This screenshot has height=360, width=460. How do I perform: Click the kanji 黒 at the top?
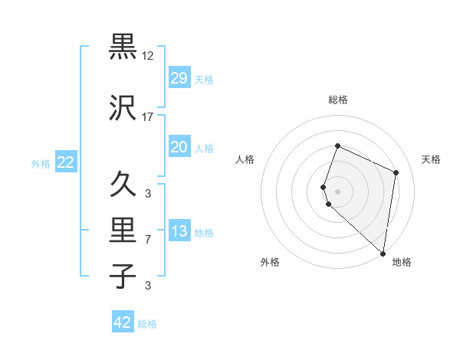(x=123, y=47)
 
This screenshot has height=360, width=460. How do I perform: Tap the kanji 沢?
(x=123, y=107)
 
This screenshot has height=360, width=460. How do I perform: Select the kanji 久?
(x=123, y=184)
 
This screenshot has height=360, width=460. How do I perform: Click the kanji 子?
(x=123, y=277)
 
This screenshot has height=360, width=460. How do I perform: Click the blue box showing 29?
(x=179, y=78)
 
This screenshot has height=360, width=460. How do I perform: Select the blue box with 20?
(x=179, y=147)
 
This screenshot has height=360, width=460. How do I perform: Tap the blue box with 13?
(x=179, y=232)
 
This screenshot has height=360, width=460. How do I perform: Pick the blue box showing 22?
(x=65, y=162)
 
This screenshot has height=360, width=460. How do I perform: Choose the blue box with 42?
(x=123, y=322)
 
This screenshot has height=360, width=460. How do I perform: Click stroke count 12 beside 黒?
(x=148, y=56)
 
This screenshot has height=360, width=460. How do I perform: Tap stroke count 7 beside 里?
(x=148, y=240)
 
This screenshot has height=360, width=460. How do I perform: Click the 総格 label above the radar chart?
(x=337, y=100)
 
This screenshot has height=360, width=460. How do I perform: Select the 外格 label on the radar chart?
(x=270, y=263)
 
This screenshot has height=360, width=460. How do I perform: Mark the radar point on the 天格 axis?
(x=396, y=172)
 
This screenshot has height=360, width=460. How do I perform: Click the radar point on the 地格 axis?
(x=383, y=254)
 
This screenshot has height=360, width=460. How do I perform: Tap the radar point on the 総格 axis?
(x=337, y=146)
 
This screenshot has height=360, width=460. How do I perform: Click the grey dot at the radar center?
(x=337, y=191)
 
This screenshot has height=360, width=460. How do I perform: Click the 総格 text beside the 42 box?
(x=147, y=324)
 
